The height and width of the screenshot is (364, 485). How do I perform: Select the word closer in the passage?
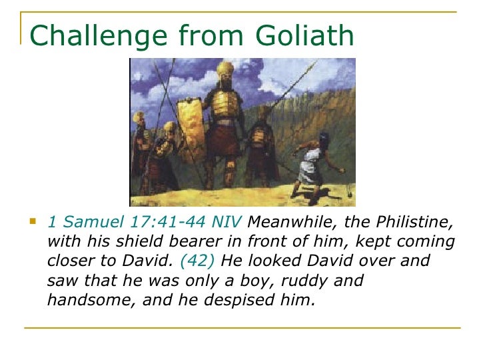pos(74,261)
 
